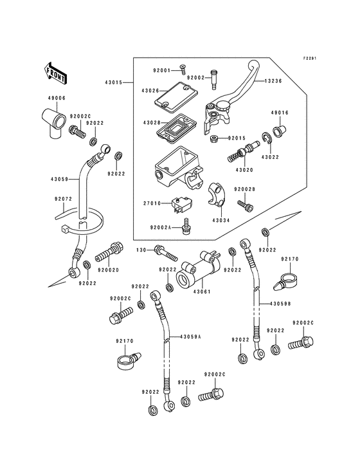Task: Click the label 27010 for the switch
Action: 152,203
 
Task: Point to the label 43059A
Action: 191,337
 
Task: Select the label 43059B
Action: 280,304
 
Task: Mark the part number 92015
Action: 237,138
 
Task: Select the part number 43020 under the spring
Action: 246,170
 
